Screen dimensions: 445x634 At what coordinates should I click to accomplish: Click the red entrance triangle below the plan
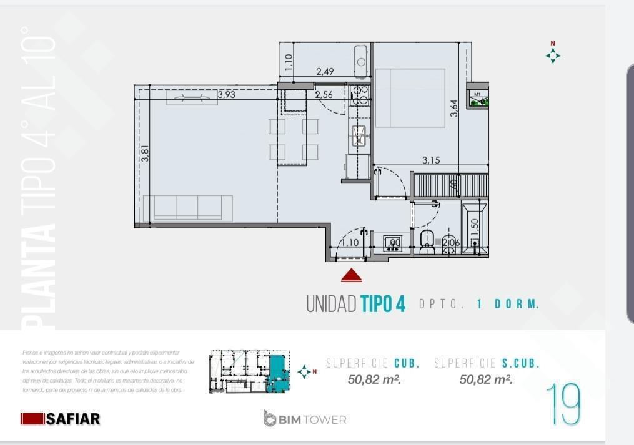tap(352, 275)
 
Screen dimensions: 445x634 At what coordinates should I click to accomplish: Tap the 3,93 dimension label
tap(226, 95)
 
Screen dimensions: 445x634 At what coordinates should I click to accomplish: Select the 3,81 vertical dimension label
tap(145, 154)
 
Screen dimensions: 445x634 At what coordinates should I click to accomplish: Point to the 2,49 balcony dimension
tap(325, 72)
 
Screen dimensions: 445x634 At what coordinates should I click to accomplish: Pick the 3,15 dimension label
tap(430, 160)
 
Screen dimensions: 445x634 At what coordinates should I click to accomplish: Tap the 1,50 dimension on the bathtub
tap(474, 226)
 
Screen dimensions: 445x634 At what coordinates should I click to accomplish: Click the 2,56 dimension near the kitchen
tap(324, 95)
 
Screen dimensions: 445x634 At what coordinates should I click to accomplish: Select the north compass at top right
tap(552, 55)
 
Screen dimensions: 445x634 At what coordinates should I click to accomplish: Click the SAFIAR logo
tap(61, 419)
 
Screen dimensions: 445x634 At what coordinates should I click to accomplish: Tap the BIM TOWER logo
tap(305, 419)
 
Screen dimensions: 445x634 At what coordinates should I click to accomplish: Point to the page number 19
tap(563, 404)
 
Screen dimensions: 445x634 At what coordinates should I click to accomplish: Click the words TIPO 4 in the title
tap(383, 304)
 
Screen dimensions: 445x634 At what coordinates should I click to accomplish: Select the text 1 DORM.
tap(507, 305)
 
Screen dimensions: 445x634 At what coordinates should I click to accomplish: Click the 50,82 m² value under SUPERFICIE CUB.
tap(374, 379)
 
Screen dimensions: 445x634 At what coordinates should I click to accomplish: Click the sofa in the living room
tap(187, 208)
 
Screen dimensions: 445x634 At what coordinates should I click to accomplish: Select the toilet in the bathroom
tap(428, 242)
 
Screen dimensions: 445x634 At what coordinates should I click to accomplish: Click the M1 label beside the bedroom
tap(477, 94)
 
